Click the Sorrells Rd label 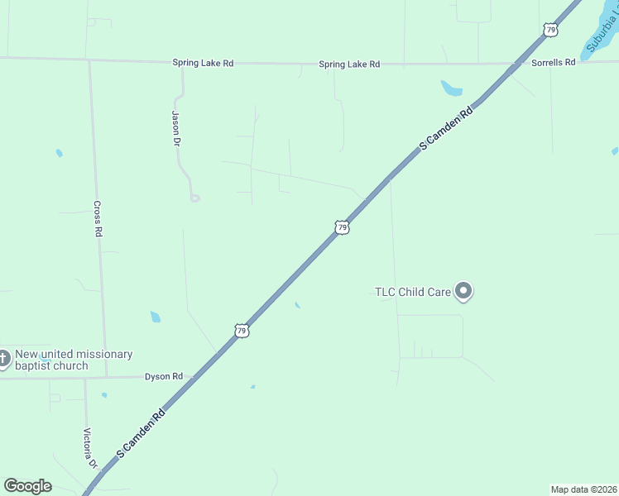pyautogui.click(x=553, y=63)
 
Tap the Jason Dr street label pyautogui.click(x=175, y=128)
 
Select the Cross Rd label pyautogui.click(x=98, y=219)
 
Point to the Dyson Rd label pyautogui.click(x=163, y=376)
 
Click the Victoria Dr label pyautogui.click(x=90, y=447)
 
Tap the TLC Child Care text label pyautogui.click(x=413, y=292)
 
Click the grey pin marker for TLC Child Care pyautogui.click(x=463, y=291)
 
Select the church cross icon pyautogui.click(x=3, y=359)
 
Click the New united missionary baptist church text pyautogui.click(x=74, y=360)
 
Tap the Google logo pyautogui.click(x=27, y=486)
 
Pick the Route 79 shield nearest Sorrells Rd pyautogui.click(x=550, y=30)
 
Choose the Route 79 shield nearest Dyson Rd pyautogui.click(x=241, y=331)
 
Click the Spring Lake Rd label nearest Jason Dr pyautogui.click(x=202, y=63)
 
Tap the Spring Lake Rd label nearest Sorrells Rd pyautogui.click(x=349, y=64)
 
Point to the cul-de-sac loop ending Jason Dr pyautogui.click(x=194, y=198)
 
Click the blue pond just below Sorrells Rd pyautogui.click(x=451, y=88)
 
